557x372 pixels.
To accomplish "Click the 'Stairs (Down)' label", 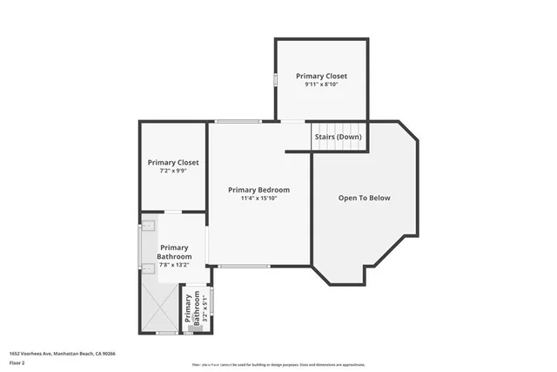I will click(338, 137).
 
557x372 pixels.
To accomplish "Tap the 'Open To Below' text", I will click(365, 198).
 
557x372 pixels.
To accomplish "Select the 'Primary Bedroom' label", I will click(258, 189).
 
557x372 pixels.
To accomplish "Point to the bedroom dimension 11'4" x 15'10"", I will click(258, 198).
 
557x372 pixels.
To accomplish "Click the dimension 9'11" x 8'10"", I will click(321, 85).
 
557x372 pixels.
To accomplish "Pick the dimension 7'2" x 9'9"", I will click(173, 171).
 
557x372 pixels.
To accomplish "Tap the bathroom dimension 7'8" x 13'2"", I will click(174, 265).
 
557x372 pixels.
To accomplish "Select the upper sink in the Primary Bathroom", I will click(147, 227).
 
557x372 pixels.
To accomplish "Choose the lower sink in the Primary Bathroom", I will click(147, 268).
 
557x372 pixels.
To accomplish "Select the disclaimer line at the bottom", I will click(288, 363).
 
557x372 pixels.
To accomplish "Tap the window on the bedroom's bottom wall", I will click(244, 266).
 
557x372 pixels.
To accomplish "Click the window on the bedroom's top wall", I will click(238, 121).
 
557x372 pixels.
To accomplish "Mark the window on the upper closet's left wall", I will click(276, 79).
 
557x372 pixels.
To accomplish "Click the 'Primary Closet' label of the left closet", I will click(173, 162).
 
